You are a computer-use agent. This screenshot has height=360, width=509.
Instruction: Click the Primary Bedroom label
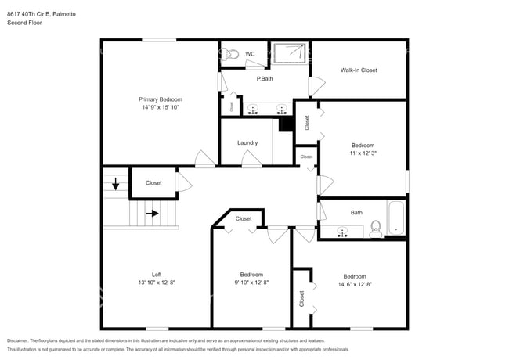161,99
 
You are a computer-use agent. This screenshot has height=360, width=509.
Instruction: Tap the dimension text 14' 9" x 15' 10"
161,108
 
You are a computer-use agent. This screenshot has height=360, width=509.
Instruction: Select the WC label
250,54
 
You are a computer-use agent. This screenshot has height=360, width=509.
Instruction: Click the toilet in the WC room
229,54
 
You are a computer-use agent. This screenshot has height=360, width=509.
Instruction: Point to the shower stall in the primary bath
291,53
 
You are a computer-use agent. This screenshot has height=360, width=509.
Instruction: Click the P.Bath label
264,78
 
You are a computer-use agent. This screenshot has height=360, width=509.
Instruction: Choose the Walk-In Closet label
359,70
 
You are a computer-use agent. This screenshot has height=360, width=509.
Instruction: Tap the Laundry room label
247,142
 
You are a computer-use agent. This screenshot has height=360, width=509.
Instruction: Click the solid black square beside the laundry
286,124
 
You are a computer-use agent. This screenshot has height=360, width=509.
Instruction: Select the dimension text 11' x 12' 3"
363,154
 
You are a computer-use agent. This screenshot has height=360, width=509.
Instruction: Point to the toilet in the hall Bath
375,228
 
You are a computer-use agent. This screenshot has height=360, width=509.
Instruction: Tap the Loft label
157,275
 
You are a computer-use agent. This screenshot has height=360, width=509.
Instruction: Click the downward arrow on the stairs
117,185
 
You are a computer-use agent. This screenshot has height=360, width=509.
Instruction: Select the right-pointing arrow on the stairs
152,212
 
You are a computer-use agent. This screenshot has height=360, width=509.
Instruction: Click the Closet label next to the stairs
153,183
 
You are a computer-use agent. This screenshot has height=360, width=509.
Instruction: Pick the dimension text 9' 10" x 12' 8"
251,283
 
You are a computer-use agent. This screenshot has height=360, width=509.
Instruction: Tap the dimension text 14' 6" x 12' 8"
354,284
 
